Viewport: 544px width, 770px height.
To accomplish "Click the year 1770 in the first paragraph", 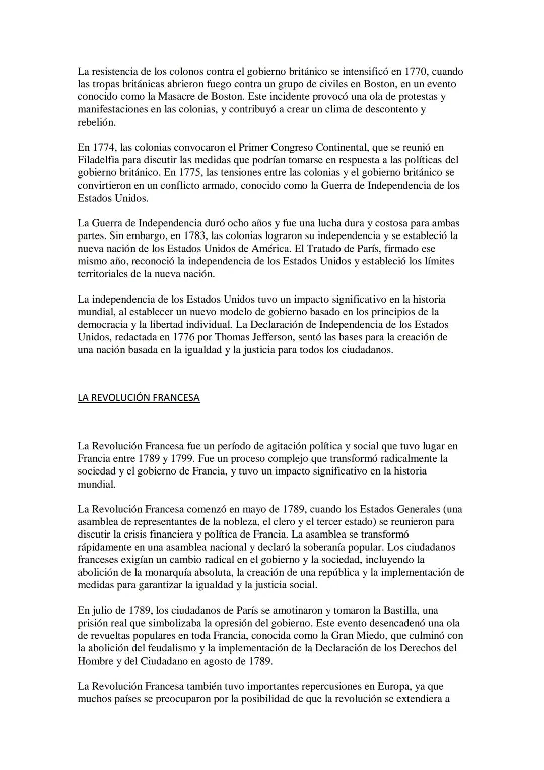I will click(416, 72).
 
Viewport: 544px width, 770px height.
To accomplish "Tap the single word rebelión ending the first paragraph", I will click(97, 122).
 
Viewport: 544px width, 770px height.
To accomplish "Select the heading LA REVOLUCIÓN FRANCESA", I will click(139, 398).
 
